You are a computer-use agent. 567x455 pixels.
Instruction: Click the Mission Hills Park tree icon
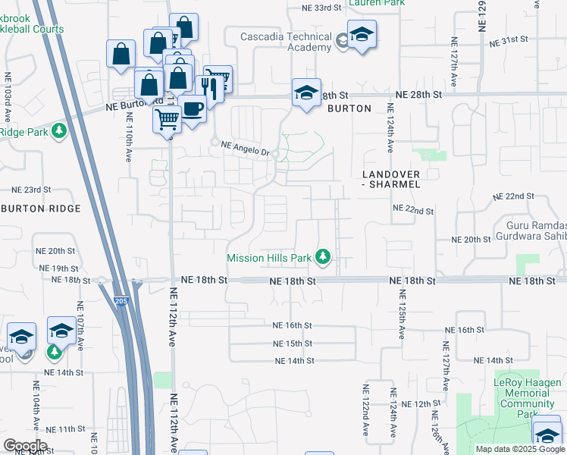point(323,257)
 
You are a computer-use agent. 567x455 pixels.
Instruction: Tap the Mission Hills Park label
point(269,258)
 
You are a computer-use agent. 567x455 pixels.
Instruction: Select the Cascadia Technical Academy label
point(286,41)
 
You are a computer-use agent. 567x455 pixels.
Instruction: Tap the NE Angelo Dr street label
point(245,151)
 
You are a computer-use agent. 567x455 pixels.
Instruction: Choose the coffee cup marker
point(193,108)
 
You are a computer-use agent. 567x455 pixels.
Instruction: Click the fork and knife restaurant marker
point(208,88)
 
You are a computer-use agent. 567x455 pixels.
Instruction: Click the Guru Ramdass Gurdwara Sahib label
point(534,231)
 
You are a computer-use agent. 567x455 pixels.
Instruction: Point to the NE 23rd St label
point(31,190)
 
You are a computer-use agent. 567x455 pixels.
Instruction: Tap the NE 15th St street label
point(293,344)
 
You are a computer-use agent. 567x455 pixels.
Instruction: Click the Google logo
point(24,446)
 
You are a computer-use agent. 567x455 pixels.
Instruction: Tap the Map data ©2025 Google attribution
point(520,449)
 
